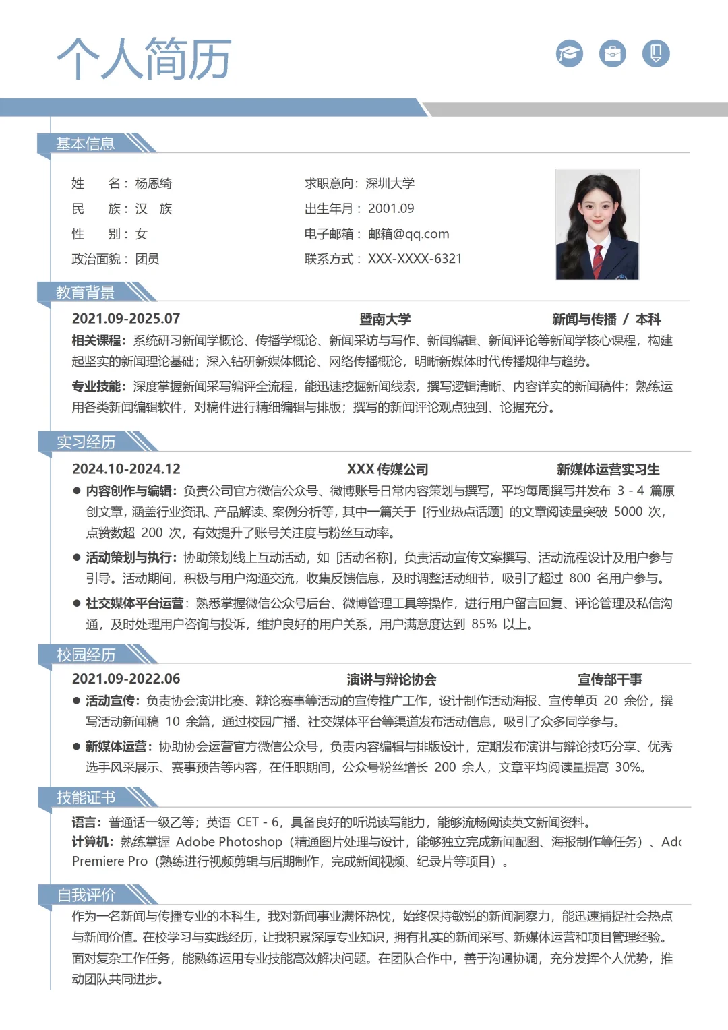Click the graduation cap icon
pos(570,53)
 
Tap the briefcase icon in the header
pos(612,53)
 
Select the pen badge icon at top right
pos(656,53)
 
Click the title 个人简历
pos(144,59)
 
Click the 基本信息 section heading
pos(86,144)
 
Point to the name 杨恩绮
pos(154,183)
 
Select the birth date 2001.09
pos(391,209)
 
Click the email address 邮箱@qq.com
pos(408,234)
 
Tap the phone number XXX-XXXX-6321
pos(415,259)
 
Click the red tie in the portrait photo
pos(597,259)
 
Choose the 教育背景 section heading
pos(86,293)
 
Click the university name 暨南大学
pos(385,319)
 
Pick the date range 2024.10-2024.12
pos(126,469)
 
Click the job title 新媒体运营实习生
pos(608,469)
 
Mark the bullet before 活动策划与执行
pos(77,557)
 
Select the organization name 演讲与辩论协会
pos(392,679)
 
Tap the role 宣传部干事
pos(609,679)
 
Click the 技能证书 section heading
pos(86,797)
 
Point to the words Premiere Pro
pos(110,861)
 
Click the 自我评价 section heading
pos(86,895)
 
